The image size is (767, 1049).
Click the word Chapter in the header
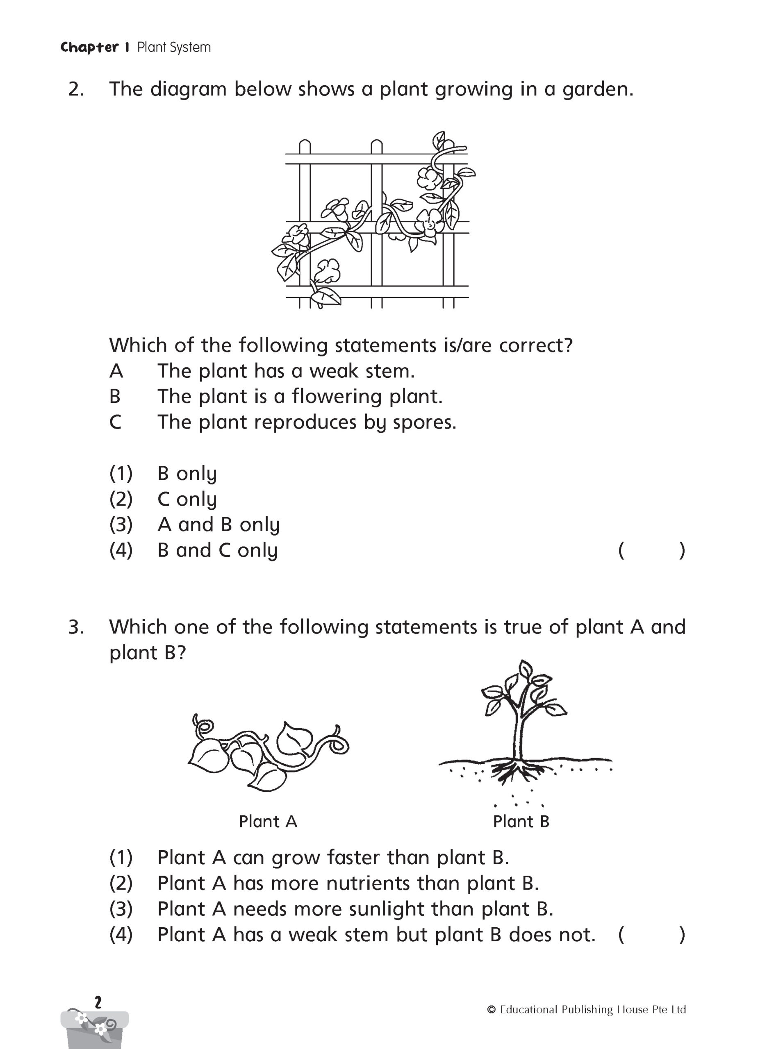89,47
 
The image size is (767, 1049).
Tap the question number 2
76,89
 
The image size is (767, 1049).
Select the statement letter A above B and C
116,371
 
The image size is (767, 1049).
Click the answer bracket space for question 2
651,551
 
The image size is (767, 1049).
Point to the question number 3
76,627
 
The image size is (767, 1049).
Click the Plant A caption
268,822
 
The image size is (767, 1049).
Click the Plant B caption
521,822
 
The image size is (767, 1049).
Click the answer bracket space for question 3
651,935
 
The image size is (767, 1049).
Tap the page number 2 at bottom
98,1003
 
